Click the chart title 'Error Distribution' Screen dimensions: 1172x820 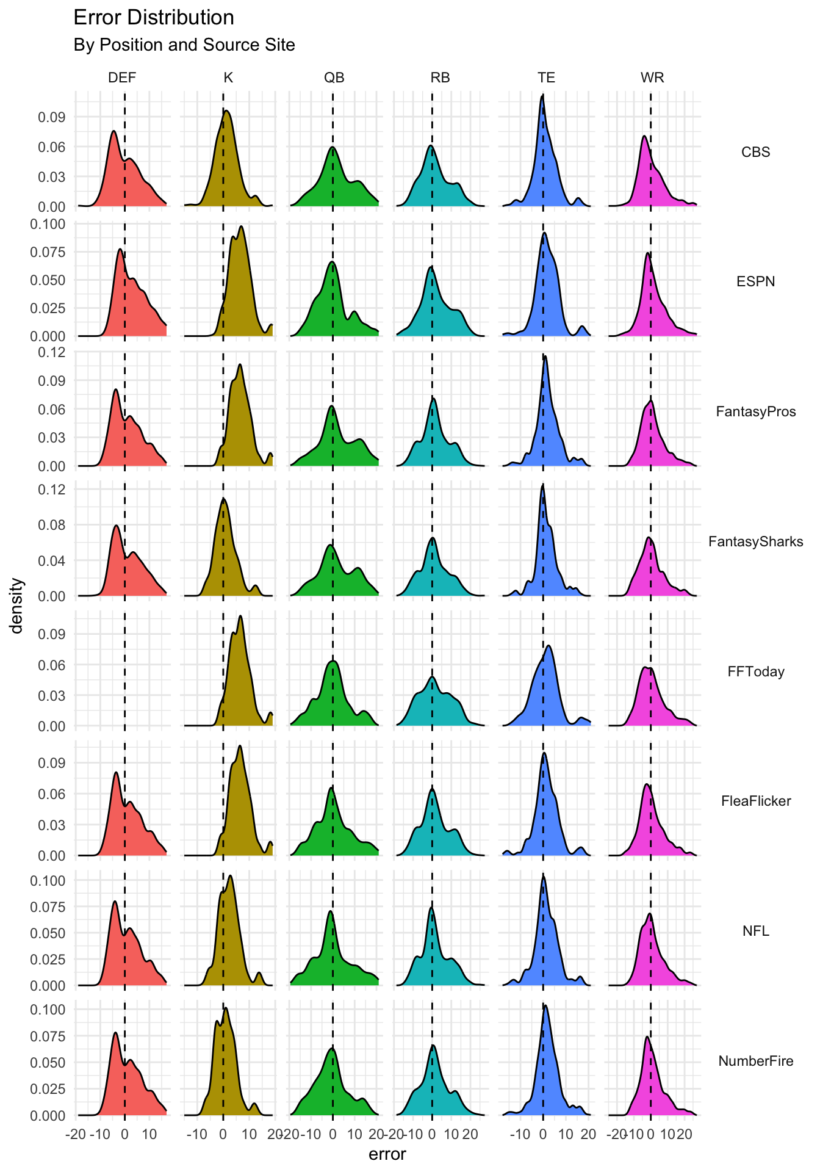tap(153, 18)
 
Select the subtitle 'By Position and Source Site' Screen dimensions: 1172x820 tap(184, 45)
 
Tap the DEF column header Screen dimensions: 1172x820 tap(122, 78)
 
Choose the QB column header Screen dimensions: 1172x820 tap(334, 78)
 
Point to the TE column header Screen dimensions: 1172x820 tap(546, 78)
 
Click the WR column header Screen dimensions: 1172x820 tap(652, 78)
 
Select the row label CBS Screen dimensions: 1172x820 tap(755, 152)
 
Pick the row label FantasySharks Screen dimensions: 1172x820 tap(755, 541)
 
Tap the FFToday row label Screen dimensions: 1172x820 tap(755, 671)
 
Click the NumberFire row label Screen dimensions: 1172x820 tap(755, 1061)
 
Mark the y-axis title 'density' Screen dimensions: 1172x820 tap(18, 606)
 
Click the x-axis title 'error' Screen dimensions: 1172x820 tap(387, 1154)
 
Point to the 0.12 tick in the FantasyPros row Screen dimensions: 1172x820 tap(52, 352)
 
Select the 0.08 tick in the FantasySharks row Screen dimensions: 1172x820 tap(52, 525)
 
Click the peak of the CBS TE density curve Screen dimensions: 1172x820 tap(542, 95)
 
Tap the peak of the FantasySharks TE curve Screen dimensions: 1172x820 tap(542, 485)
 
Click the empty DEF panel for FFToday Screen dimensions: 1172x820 tap(122, 668)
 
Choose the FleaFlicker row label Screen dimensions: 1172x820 tap(755, 801)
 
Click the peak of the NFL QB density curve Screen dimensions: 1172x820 tap(330, 911)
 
